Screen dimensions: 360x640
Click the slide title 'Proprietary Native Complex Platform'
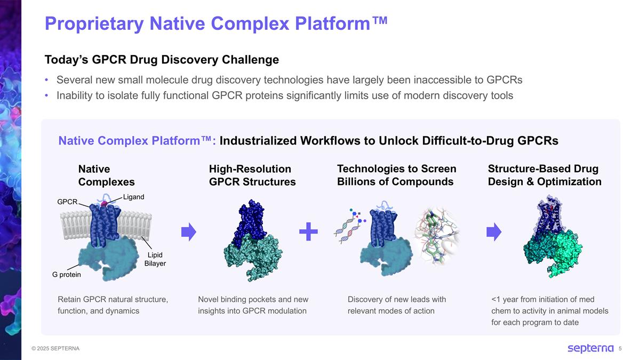point(215,23)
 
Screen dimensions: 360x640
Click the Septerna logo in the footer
point(590,348)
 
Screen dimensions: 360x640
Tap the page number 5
point(620,349)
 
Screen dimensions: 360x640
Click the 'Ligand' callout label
point(133,197)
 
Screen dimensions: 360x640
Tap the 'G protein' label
point(67,275)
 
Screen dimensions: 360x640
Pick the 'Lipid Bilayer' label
point(155,259)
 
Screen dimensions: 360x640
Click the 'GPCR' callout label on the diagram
point(67,202)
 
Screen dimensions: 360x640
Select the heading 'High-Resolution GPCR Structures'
point(252,175)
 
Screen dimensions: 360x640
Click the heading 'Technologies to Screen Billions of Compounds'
point(396,175)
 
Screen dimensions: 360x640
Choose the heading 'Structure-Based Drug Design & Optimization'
point(544,175)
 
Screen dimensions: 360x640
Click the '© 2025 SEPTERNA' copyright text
point(55,349)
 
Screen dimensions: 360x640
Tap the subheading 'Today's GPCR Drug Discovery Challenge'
point(162,59)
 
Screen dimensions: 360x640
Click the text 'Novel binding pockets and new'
point(253,299)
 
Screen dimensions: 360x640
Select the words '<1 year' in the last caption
point(505,299)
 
